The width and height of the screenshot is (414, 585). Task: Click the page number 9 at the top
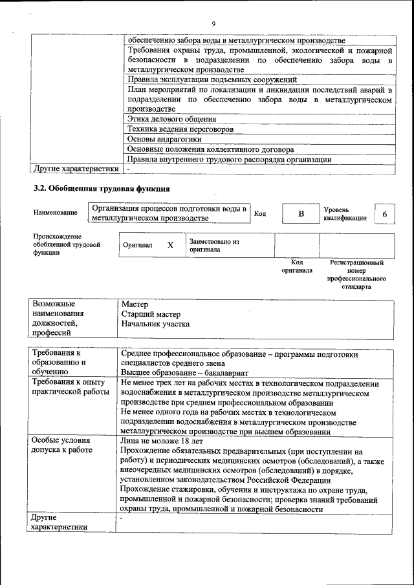click(x=213, y=25)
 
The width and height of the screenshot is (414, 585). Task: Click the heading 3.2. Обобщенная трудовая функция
click(x=102, y=189)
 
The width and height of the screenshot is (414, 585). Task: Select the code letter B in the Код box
click(x=301, y=214)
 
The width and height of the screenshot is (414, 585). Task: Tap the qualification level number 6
click(x=385, y=214)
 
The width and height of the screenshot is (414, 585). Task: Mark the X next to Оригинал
click(x=170, y=246)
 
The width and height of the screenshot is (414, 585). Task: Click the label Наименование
click(x=54, y=213)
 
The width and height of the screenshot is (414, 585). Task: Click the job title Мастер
click(x=135, y=304)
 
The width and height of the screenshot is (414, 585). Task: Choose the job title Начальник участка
click(x=155, y=324)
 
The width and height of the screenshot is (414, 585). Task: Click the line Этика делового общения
click(x=171, y=119)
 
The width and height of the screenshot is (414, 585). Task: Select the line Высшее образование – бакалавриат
click(x=184, y=373)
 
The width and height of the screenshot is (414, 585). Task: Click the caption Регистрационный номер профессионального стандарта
click(x=356, y=274)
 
